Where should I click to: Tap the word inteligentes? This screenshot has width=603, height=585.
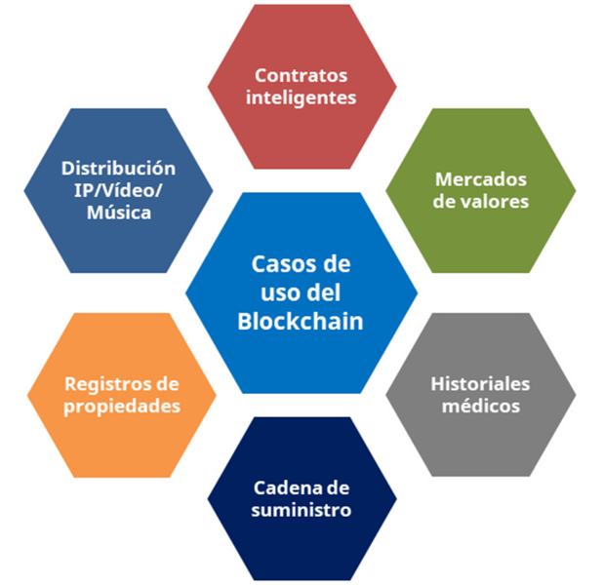[x=301, y=97]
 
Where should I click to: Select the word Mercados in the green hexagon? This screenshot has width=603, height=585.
[x=481, y=180]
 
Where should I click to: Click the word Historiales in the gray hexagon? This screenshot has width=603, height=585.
[x=481, y=383]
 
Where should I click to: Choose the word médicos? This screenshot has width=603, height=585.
[x=481, y=406]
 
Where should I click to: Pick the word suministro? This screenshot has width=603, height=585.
[x=301, y=510]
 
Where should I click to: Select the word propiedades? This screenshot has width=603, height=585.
[x=122, y=406]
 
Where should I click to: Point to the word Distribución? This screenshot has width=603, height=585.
[x=118, y=168]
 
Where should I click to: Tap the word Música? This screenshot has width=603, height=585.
[x=118, y=213]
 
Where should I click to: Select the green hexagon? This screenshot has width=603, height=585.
[x=481, y=234]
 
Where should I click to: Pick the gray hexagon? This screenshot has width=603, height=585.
[x=481, y=439]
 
